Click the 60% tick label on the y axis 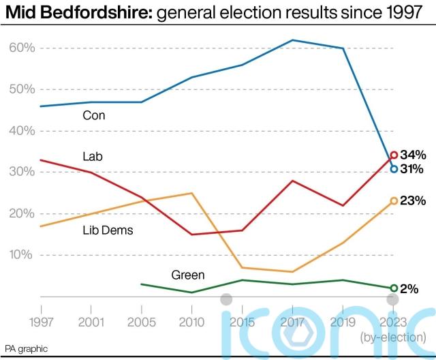[21, 48]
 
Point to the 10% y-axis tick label [21, 255]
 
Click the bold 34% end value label [413, 155]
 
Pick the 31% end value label [413, 168]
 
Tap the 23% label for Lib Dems [413, 201]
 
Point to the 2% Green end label [409, 288]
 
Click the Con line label [94, 116]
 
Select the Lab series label [92, 157]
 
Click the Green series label [187, 275]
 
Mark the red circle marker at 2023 [394, 155]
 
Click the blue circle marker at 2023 [394, 168]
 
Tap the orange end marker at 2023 [394, 201]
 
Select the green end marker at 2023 [394, 288]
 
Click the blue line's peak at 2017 [292, 40]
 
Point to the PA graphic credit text [27, 348]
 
